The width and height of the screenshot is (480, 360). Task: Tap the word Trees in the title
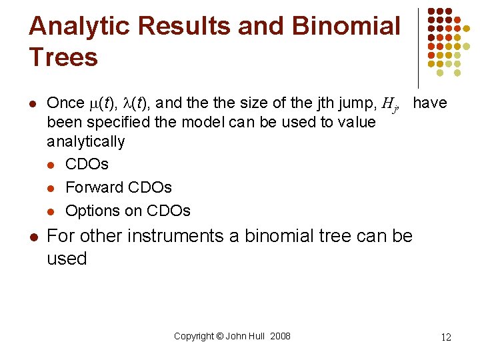63,57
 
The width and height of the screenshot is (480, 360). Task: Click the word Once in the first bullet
65,103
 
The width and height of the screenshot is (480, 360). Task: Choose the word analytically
85,141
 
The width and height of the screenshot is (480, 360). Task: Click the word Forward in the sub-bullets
95,187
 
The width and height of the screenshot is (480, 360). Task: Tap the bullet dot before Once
33,103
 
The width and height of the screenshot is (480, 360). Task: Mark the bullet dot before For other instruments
33,237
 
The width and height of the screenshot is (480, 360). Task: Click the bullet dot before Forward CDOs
51,188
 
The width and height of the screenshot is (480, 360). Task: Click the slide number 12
446,337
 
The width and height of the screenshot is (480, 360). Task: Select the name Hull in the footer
255,336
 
